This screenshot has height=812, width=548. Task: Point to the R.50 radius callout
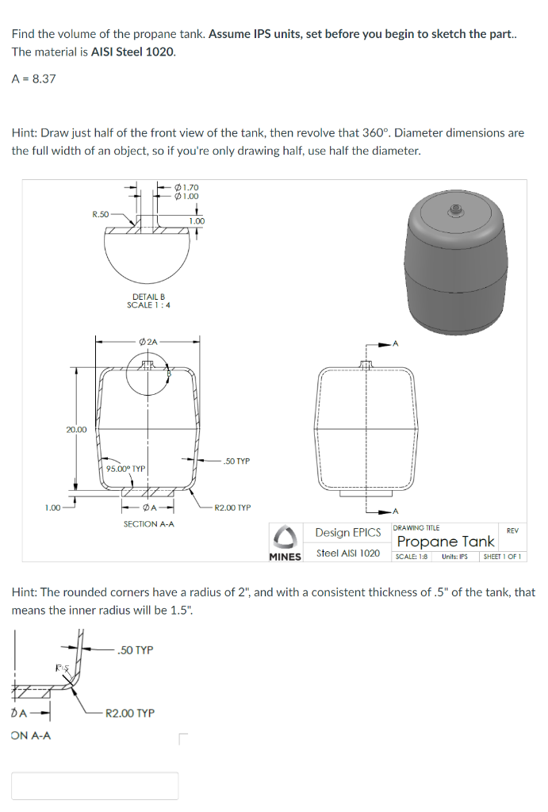[x=101, y=213]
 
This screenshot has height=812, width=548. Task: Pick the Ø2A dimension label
[x=148, y=341]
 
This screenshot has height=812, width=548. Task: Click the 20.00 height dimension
[x=76, y=429]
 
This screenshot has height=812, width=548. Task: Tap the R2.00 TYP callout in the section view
[x=232, y=507]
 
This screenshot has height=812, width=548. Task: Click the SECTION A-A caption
[x=148, y=524]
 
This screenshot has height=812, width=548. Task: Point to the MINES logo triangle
[x=285, y=538]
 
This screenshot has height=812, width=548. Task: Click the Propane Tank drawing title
[x=446, y=542]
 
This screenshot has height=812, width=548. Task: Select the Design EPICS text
[x=348, y=532]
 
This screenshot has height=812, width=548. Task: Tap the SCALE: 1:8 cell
[x=412, y=556]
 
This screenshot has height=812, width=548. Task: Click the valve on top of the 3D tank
[x=456, y=210]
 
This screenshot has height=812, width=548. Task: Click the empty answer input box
[x=94, y=785]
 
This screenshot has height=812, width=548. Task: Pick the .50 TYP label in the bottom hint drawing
[x=134, y=650]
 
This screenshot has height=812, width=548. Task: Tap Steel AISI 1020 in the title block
[x=348, y=553]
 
